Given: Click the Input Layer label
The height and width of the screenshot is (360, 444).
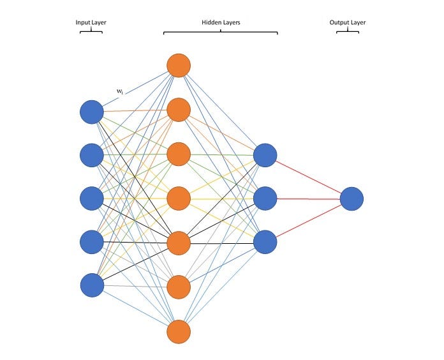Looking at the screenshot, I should pos(91,22).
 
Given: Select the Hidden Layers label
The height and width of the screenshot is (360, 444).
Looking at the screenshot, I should pos(220,22).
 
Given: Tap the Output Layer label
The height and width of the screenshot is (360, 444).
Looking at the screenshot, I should pos(348,22).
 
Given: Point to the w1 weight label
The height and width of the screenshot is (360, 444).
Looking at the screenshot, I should pos(120,92).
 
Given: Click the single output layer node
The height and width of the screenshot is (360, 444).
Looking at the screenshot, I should pos(352,199).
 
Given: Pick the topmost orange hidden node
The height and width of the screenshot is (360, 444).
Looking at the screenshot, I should pos(179,65).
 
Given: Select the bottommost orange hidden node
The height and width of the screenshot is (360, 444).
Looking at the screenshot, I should pos(179,331).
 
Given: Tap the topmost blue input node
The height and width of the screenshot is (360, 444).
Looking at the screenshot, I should pos(92,112).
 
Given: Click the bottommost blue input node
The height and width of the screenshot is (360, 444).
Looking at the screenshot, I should pos(92,285).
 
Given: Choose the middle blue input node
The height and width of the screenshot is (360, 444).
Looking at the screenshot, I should pos(92,198).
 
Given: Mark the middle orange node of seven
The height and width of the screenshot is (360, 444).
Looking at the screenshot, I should pos(179,199).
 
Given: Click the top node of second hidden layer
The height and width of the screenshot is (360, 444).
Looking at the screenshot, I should pos(265,155).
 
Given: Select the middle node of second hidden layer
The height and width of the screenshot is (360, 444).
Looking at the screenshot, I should pos(265,199).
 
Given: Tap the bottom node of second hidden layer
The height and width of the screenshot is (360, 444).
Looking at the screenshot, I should pos(265,242).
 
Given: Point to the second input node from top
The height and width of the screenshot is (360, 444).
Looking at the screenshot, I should pos(92,155).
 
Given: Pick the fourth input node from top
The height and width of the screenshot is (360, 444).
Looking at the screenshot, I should pos(92,241).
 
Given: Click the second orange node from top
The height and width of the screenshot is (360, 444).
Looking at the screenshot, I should pos(179,110).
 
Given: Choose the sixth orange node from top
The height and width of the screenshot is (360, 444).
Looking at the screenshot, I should pos(179,287).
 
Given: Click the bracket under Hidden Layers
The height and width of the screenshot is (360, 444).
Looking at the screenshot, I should pos(220,32).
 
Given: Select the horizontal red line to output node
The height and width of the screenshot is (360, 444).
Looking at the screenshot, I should pos(308,199).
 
